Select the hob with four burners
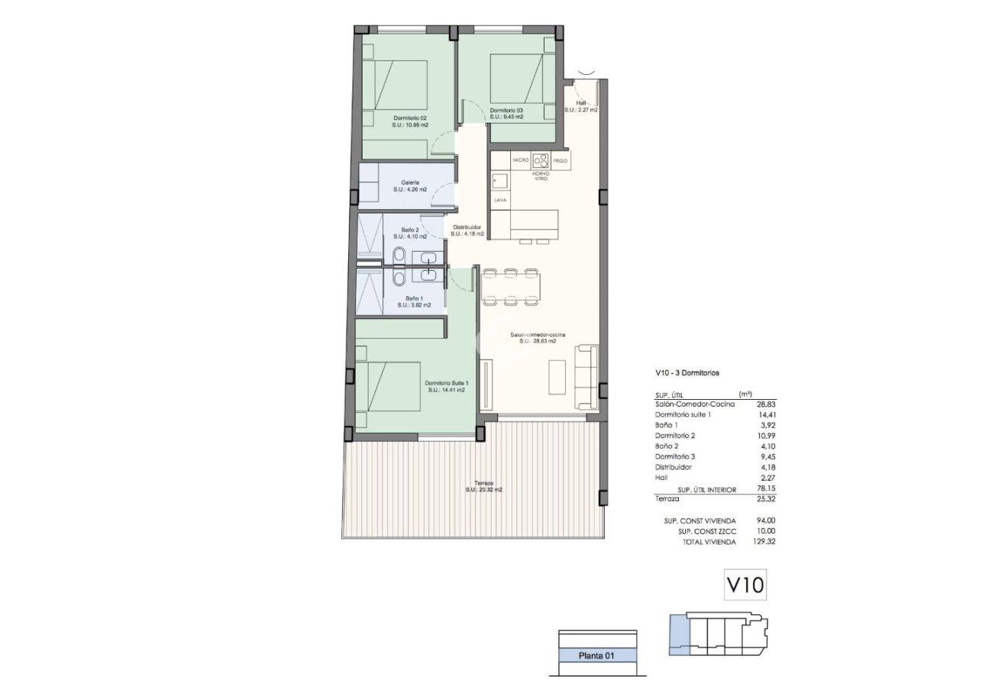(541, 160)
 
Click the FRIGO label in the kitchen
(561, 160)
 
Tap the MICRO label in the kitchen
(520, 160)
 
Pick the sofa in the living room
(586, 377)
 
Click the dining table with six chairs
(510, 286)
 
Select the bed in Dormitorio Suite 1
(390, 386)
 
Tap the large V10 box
(744, 586)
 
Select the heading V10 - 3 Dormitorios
(687, 373)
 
